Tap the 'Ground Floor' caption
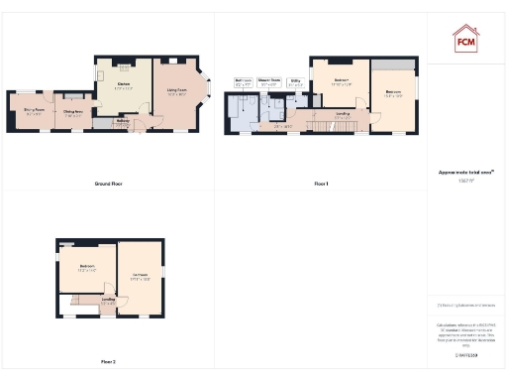click(108, 185)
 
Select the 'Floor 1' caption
click(321, 185)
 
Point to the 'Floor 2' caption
click(108, 362)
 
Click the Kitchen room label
click(125, 86)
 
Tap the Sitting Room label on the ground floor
click(34, 112)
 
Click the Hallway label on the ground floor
click(122, 123)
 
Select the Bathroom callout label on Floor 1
click(244, 81)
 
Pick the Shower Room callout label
click(269, 81)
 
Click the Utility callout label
click(295, 83)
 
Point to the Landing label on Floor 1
click(342, 115)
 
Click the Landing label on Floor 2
click(108, 301)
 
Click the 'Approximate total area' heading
click(465, 172)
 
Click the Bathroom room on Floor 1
click(244, 109)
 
